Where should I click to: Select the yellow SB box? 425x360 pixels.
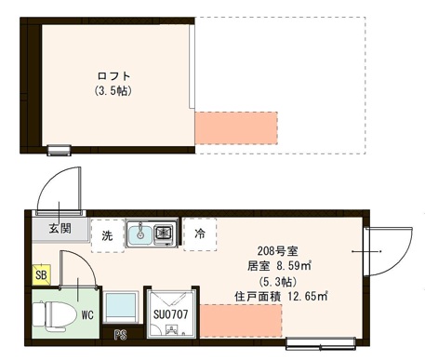click(40, 275)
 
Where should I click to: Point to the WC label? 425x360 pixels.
click(86, 314)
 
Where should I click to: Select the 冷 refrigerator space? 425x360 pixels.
click(200, 234)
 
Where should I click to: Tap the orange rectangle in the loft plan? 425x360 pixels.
click(236, 127)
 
